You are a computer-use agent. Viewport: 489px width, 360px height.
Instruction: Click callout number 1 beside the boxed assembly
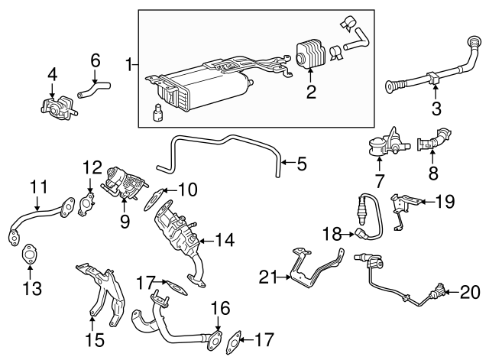(129, 65)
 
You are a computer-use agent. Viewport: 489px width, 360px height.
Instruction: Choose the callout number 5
(301, 163)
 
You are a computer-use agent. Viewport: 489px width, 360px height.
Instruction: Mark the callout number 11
(38, 186)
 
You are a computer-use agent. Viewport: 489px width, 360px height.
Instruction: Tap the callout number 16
(220, 308)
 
